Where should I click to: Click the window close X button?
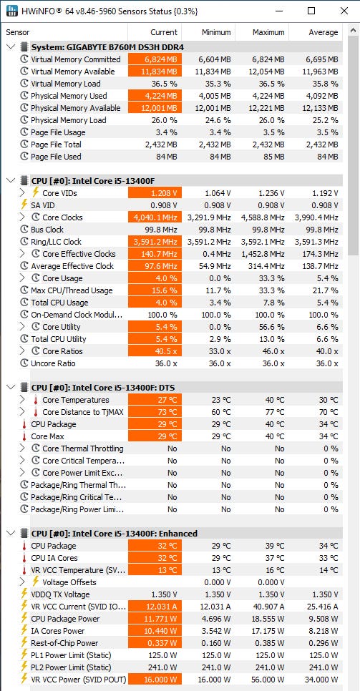[344, 11]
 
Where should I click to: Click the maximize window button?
[311, 11]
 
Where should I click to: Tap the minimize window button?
[278, 11]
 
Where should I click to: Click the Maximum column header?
[268, 32]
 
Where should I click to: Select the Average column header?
[323, 32]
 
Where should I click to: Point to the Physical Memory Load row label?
[69, 120]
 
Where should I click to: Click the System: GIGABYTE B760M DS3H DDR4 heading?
[107, 47]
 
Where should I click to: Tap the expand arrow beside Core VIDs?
[23, 193]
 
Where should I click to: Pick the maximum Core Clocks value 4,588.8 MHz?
[263, 217]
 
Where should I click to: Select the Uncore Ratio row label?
[53, 363]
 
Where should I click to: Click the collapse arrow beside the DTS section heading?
[11, 388]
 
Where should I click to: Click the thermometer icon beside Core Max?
[24, 436]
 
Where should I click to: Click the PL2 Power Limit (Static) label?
[71, 667]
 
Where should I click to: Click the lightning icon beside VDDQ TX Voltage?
[24, 594]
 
